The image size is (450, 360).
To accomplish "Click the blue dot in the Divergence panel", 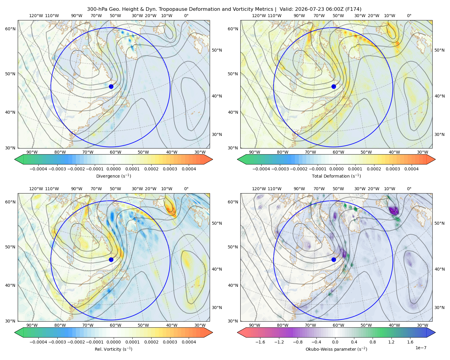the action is coord(111,86).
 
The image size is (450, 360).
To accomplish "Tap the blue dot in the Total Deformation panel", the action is coord(334,86).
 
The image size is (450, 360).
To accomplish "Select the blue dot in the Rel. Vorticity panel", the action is coord(111,259).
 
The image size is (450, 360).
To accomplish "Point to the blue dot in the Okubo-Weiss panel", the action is coord(334,259).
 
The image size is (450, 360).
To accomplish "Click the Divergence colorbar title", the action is coord(113,176).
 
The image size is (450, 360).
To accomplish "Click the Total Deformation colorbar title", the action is coord(336,176).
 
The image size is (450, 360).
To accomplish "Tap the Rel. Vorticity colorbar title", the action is coord(113,349).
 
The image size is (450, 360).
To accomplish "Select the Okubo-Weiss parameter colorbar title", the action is coord(336,349).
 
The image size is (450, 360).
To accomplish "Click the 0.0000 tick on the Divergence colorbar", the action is coord(113,169).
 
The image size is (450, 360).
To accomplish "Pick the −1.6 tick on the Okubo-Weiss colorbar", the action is coord(260,342).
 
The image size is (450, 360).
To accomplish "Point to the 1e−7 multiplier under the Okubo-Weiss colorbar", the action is coord(421,348).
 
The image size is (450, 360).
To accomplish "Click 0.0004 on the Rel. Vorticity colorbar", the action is coord(189,342).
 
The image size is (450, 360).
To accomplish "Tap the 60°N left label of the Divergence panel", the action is coord(10,29).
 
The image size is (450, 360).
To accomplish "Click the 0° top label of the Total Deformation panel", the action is coord(409,16).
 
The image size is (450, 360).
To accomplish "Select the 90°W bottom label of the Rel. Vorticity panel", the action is coord(32,325).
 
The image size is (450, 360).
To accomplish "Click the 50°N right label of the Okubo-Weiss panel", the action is coord(439,223).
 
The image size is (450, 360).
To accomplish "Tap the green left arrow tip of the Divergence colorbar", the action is coord(15,159).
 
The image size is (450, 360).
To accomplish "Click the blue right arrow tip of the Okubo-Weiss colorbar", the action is coord(435,332).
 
